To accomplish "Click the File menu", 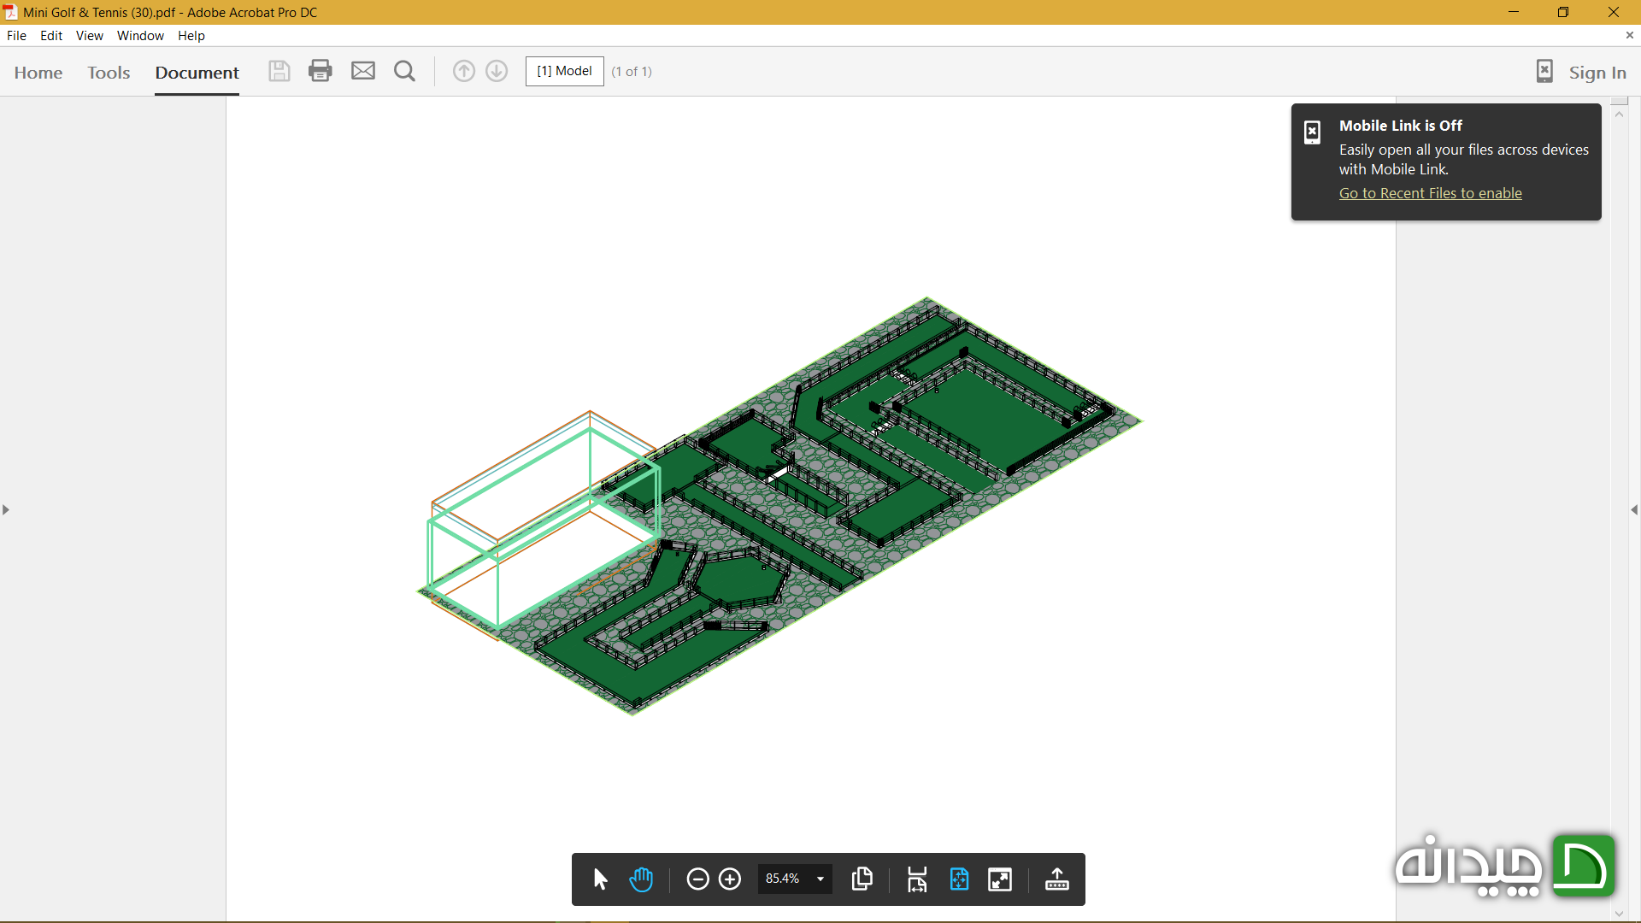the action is [x=16, y=36].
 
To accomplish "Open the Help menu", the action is [x=191, y=36].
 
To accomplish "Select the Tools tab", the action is [x=109, y=73].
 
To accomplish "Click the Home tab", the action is [x=38, y=73].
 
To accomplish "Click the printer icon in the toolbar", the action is [x=321, y=71].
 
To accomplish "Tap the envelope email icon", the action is [x=363, y=71].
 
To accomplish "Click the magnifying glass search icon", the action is [x=404, y=71].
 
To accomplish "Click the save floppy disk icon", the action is [x=279, y=71].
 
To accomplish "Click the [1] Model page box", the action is [x=564, y=71].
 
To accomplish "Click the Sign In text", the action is [x=1597, y=73].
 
